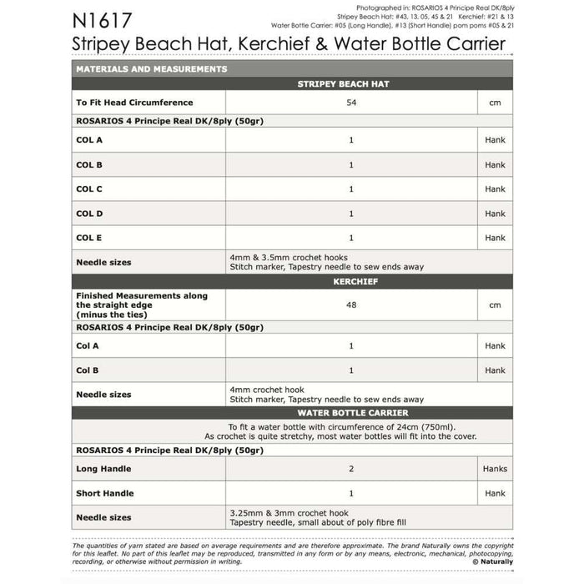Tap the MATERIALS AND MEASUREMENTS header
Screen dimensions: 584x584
[x=151, y=69]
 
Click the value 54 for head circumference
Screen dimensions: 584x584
[x=350, y=103]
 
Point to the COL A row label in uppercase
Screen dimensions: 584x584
[x=89, y=140]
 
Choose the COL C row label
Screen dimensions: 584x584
[x=89, y=189]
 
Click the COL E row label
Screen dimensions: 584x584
[x=89, y=238]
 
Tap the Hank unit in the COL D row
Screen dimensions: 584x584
[x=495, y=214]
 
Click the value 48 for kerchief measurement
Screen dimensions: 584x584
[x=350, y=305]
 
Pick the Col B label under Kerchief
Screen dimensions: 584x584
[x=88, y=370]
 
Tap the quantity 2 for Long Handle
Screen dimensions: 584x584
[x=350, y=469]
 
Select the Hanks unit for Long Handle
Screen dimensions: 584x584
[x=495, y=469]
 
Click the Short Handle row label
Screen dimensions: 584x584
[x=105, y=493]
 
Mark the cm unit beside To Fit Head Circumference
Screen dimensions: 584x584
[x=495, y=103]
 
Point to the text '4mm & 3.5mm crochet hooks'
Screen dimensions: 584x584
[x=288, y=257]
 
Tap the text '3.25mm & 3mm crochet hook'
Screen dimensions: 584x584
[x=289, y=513]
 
